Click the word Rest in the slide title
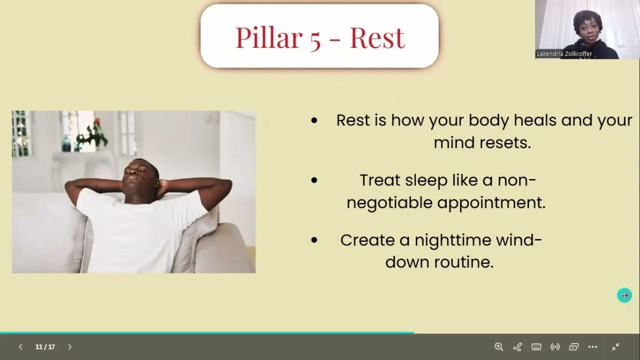point(377,37)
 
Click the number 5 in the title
point(314,38)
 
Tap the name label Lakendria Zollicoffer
point(564,54)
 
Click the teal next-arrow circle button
point(624,295)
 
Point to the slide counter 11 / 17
point(45,346)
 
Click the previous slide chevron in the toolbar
point(20,346)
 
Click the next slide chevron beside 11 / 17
point(69,346)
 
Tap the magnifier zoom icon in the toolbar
point(498,346)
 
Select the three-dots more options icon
point(592,346)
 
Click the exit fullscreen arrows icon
point(615,346)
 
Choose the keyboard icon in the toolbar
point(536,346)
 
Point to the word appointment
point(490,202)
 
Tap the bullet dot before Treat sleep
point(314,180)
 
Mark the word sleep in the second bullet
point(426,180)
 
